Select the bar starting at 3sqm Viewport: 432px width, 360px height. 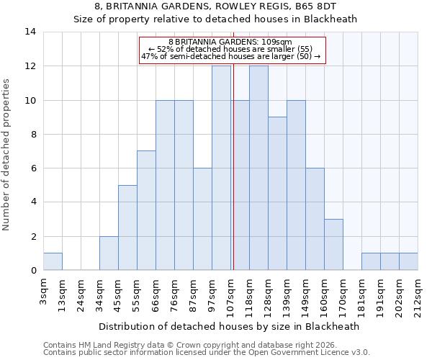[53, 262]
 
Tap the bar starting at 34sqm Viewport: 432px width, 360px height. [109, 253]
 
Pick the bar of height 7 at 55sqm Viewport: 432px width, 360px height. [146, 211]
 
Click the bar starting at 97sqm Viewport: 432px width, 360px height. [221, 168]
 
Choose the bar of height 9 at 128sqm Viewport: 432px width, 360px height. [277, 194]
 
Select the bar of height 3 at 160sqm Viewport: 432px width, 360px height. [333, 245]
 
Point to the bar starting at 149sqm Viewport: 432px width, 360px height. [315, 220]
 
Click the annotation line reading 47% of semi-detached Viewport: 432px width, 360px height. [231, 56]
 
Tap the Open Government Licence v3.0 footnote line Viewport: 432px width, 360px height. [207, 353]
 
